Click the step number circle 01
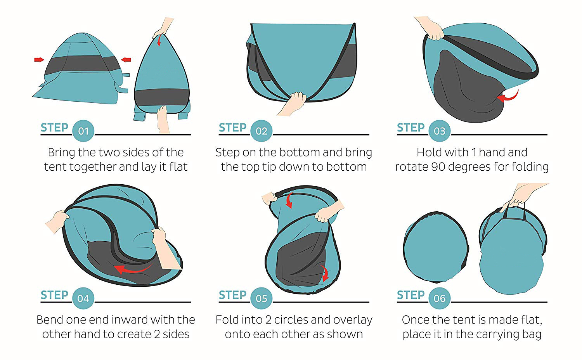click(83, 131)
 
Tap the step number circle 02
click(262, 131)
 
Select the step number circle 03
click(439, 131)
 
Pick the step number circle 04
click(83, 298)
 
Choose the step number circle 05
click(262, 298)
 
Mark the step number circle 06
click(439, 298)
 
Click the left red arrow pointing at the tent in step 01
click(39, 60)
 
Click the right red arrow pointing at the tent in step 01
click(126, 60)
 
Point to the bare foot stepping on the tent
click(163, 119)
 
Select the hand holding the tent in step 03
click(430, 28)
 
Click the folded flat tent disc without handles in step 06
click(436, 247)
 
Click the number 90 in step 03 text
click(438, 167)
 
